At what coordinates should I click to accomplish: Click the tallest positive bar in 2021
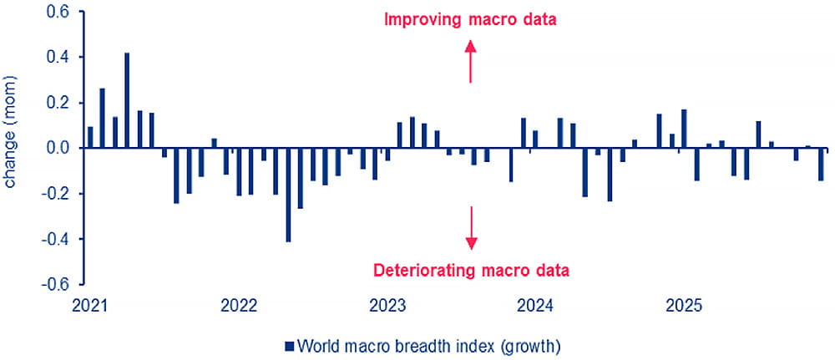pos(127,100)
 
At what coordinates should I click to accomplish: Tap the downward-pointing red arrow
pos(471,228)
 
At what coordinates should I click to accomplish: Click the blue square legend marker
pos(290,345)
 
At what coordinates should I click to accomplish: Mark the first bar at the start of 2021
pos(90,137)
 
